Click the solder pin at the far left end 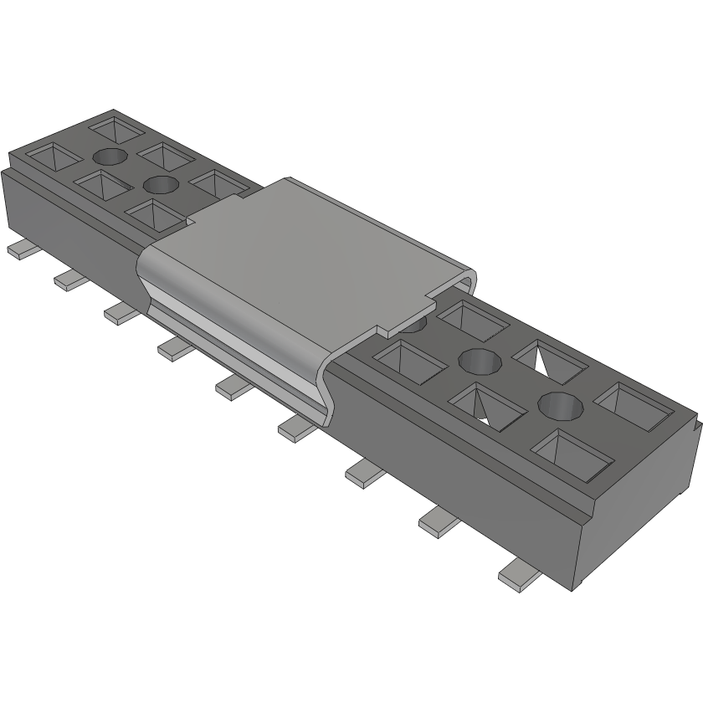pyautogui.click(x=19, y=249)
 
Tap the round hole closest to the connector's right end pyautogui.click(x=560, y=407)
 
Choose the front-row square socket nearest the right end pyautogui.click(x=571, y=453)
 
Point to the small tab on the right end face pyautogui.click(x=696, y=427)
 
